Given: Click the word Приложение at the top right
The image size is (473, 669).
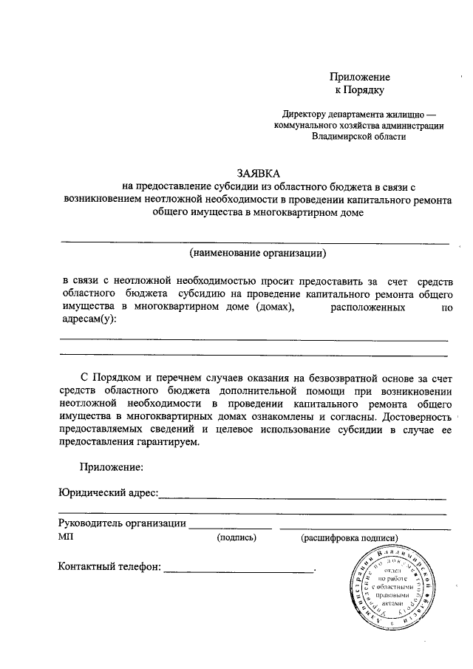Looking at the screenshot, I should pos(359,78).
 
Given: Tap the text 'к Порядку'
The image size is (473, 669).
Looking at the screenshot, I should pos(359,90).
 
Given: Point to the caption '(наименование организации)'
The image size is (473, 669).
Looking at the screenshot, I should pos(257,254).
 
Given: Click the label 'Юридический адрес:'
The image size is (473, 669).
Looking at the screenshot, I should pos(108,493).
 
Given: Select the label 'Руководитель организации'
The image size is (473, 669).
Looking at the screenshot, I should pos(122,524).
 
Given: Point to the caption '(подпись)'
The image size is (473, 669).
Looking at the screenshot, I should pos(236,538).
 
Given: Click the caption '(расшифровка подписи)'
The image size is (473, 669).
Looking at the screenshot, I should pos(349,538).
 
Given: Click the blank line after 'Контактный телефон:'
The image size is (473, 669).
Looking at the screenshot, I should pos(238,571).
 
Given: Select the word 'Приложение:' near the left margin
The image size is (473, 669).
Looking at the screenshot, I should pos(111,466).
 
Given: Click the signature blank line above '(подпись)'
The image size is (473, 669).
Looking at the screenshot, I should pos(231,529).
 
